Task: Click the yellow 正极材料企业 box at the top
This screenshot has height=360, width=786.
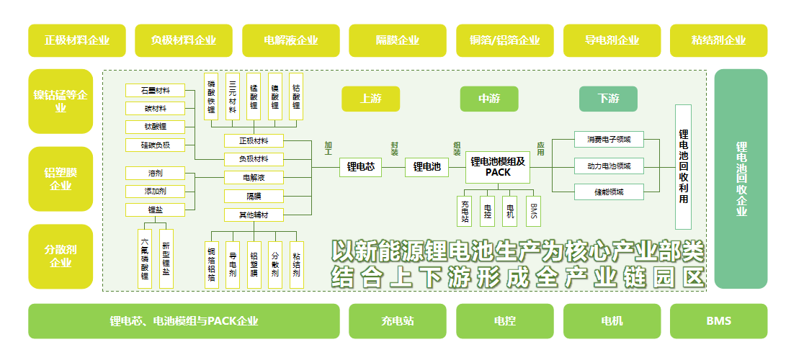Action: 76,40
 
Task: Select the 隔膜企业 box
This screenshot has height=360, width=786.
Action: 398,40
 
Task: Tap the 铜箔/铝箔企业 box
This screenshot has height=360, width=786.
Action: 504,40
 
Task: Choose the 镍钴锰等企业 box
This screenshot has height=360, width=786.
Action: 61,101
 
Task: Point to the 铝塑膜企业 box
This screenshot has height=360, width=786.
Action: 61,179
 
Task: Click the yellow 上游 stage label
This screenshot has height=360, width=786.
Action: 370,99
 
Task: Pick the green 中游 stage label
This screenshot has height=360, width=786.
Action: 489,99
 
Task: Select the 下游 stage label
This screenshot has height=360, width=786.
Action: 608,99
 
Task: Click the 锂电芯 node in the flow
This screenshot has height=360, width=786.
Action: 360,167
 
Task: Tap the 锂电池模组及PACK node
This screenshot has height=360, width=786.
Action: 498,167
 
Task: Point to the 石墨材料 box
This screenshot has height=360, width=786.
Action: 154,90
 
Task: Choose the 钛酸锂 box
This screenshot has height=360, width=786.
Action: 154,126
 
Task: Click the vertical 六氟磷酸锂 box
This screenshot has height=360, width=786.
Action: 145,259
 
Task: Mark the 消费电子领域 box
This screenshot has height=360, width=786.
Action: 608,139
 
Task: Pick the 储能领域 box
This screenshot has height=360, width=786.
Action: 608,192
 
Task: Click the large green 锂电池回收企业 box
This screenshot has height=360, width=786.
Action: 741,179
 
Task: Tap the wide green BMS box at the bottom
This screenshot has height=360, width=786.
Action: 718,321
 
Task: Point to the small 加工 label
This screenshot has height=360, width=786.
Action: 329,149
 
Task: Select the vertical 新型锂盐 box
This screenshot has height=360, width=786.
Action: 166,259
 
